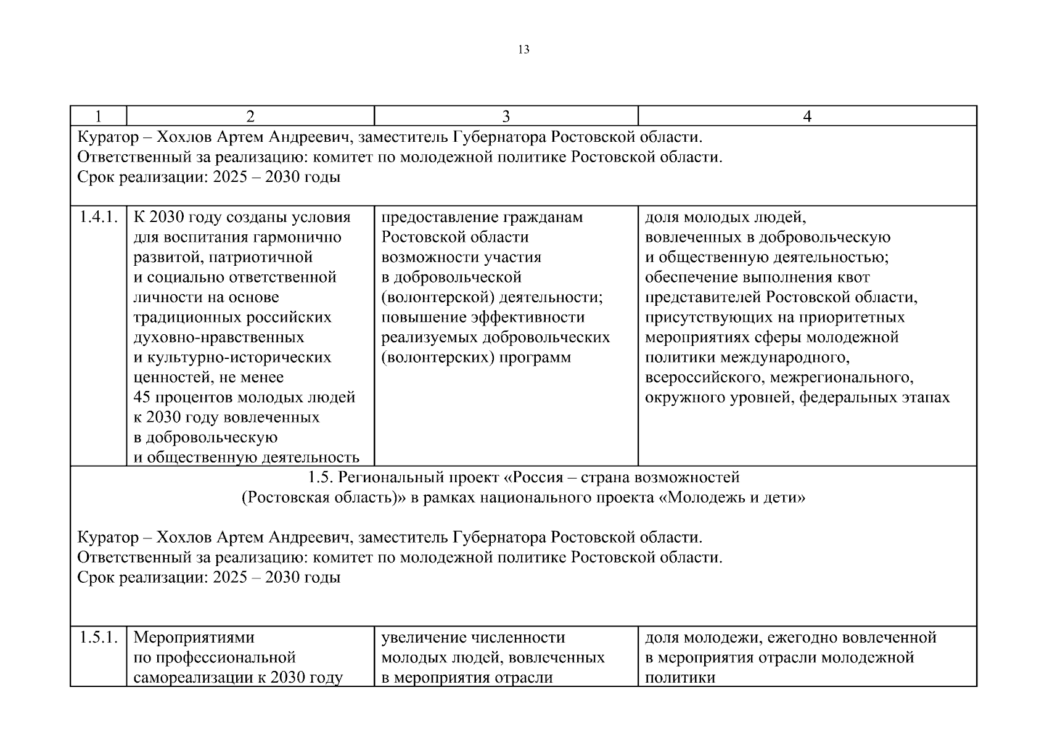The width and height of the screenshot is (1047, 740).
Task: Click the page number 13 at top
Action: tap(523, 50)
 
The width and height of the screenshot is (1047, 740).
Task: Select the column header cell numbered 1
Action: tap(98, 116)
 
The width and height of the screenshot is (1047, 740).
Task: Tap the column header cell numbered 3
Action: tap(506, 116)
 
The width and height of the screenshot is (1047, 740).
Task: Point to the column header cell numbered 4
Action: tap(807, 116)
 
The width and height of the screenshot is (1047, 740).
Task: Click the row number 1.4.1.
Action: tap(98, 218)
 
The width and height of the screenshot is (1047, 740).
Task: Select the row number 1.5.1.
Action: tap(98, 638)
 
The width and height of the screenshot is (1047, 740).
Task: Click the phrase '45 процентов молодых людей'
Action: tap(244, 398)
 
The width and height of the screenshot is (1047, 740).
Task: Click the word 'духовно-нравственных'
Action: tap(219, 338)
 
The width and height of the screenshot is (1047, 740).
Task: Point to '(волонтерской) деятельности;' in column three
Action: tap(492, 297)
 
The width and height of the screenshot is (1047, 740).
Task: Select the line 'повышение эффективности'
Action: tap(483, 318)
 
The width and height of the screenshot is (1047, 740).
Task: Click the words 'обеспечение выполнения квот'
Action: tap(757, 277)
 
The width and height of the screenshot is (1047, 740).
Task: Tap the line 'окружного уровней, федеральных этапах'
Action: tap(797, 398)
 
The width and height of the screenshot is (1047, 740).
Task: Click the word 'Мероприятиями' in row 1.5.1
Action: tap(194, 638)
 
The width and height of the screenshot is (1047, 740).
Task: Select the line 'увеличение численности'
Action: tap(474, 638)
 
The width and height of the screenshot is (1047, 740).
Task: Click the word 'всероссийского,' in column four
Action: tap(702, 377)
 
